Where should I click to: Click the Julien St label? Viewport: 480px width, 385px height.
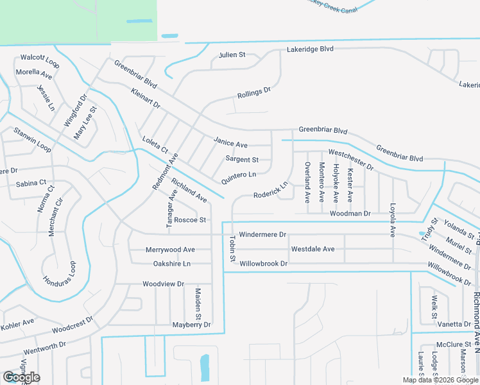point(232,55)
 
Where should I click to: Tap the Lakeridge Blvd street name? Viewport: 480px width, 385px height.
point(311,49)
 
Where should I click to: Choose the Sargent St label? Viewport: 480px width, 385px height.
point(242,160)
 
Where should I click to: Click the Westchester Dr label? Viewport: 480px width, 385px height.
point(350,160)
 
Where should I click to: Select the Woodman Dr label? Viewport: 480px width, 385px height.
point(350,213)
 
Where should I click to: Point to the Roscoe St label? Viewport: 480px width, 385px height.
point(190,220)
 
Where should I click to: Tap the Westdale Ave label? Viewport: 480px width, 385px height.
point(313,249)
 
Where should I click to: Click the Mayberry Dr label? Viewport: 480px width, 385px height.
point(191,325)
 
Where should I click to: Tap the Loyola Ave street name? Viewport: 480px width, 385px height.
point(392,220)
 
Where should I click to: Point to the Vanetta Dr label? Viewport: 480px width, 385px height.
point(454,325)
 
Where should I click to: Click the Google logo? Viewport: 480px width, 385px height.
point(21,377)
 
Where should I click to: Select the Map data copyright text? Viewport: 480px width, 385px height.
point(440,380)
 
